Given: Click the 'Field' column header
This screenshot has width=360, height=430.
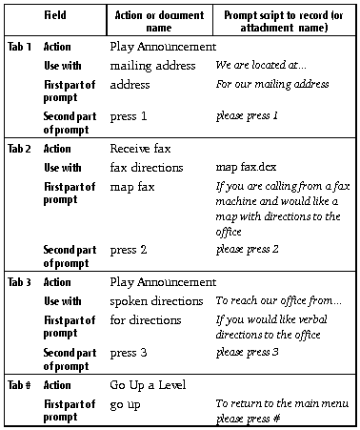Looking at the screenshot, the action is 56,17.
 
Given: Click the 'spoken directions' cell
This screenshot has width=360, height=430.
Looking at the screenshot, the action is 156,301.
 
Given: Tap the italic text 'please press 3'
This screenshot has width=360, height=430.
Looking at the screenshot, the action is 247,352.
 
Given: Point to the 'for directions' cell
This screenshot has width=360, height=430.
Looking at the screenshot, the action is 145,320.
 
